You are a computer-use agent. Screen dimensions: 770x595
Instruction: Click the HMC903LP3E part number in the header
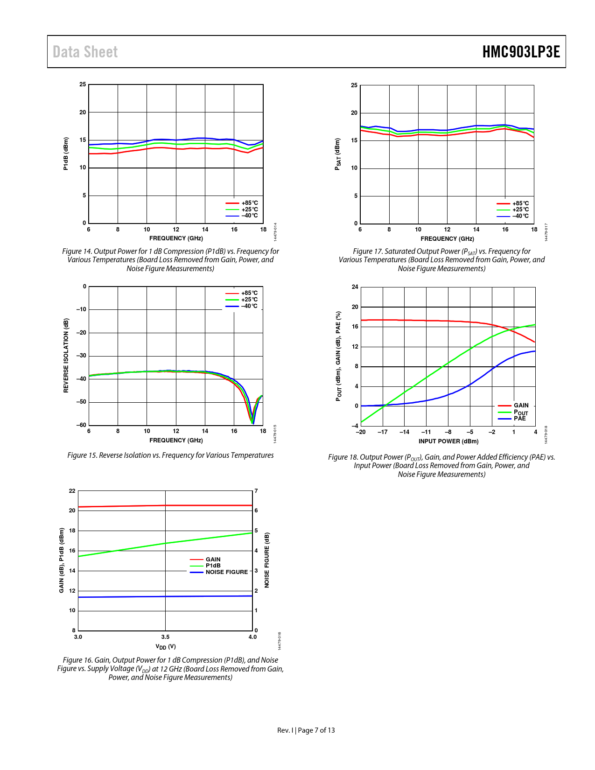point(521,52)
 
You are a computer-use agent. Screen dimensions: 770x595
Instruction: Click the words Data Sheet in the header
point(85,52)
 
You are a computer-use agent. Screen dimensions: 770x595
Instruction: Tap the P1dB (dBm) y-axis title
point(66,154)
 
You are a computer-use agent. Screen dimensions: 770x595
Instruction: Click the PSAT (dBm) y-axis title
point(337,154)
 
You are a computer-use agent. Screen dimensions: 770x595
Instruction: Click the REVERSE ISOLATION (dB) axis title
point(66,356)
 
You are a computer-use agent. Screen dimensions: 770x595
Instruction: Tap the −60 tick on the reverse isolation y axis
point(81,425)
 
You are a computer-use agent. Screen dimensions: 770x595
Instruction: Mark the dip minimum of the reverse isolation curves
point(252,422)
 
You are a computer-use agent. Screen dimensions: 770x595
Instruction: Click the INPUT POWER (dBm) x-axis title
point(448,441)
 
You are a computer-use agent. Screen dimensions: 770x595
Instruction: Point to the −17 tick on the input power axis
point(383,432)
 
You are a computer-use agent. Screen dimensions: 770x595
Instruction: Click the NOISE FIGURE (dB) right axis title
point(267,560)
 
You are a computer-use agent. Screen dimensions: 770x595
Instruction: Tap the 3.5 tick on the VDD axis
point(165,637)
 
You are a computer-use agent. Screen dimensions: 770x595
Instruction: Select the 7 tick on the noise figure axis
point(256,491)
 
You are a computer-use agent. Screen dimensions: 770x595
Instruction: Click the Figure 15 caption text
point(170,455)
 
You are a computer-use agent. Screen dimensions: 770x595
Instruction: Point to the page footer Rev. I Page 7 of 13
point(306,730)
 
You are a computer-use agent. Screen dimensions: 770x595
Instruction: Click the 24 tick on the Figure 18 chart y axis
point(355,287)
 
